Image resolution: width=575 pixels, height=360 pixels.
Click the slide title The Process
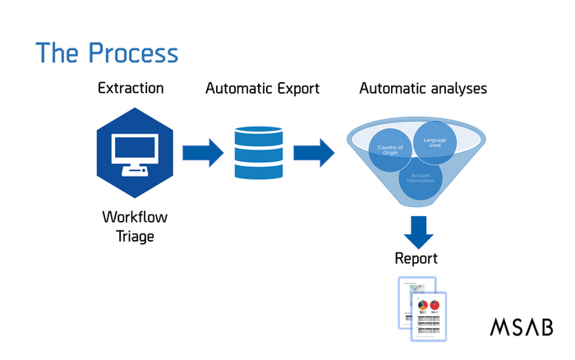click(x=106, y=53)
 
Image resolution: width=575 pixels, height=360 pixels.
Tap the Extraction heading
click(x=131, y=87)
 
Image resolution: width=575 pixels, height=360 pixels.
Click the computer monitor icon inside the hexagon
click(x=132, y=151)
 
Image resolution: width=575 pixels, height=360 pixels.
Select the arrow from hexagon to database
click(x=202, y=152)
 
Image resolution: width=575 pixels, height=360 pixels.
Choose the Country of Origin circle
click(x=389, y=151)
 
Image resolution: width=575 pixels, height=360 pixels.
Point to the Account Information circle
click(x=420, y=177)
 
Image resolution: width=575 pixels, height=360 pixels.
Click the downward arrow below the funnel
click(x=418, y=231)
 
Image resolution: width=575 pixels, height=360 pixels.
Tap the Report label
click(x=416, y=258)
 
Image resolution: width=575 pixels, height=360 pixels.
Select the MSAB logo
click(x=522, y=326)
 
